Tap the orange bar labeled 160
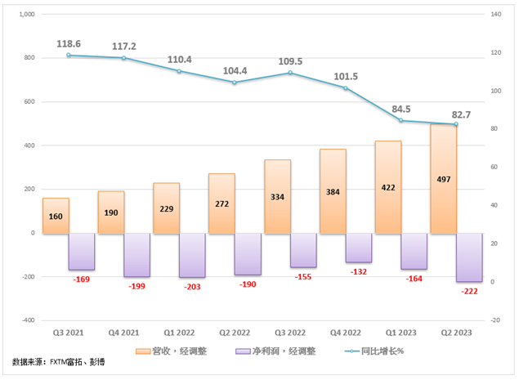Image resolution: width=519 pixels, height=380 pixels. [56, 215]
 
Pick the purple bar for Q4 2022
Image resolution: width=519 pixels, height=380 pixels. [359, 248]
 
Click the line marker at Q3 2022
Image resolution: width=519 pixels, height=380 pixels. [289, 73]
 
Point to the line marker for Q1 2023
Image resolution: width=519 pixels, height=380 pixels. [400, 120]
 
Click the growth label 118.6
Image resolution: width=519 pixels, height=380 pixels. [69, 43]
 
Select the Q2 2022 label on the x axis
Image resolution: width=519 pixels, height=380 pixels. [234, 333]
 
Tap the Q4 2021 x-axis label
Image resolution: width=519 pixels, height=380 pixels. [123, 333]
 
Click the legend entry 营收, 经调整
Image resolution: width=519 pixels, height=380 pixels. [177, 351]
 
